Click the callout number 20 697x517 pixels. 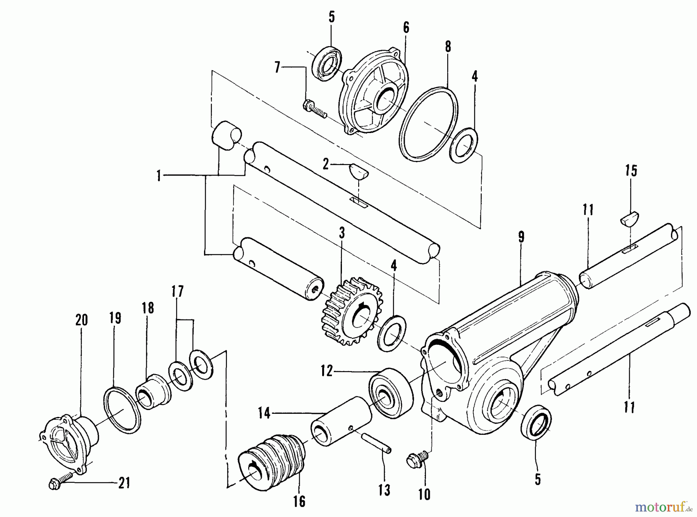coord(81,320)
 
